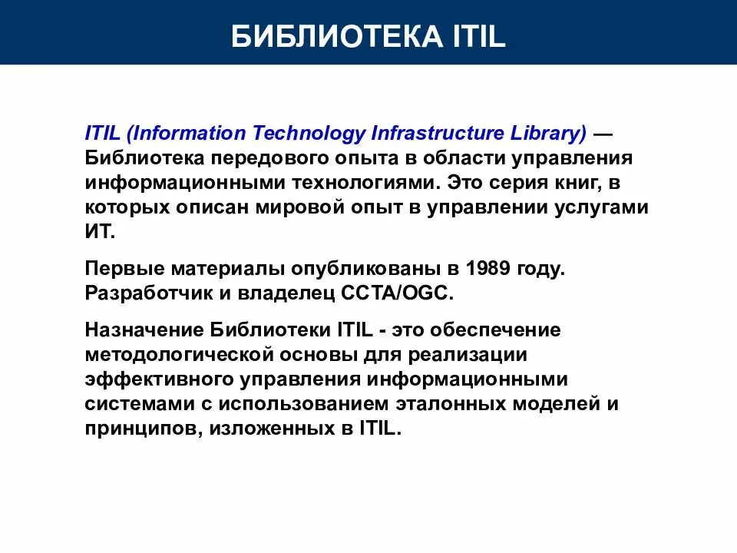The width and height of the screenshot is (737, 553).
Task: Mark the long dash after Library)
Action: [x=603, y=133]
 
